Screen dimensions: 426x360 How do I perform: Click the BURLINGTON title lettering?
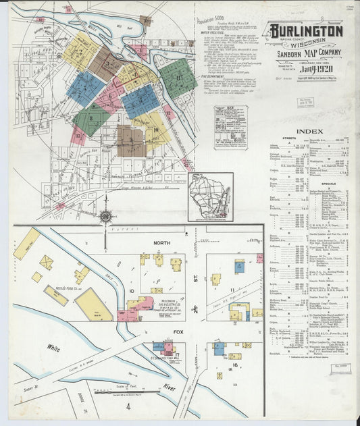point(304,31)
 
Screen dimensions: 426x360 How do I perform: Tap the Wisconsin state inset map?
point(210,196)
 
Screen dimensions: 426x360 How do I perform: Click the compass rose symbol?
point(105,217)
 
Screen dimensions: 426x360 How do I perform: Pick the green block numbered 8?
point(91,119)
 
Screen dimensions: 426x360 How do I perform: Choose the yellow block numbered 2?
point(80,51)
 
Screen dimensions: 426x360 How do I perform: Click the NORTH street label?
point(161,242)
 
